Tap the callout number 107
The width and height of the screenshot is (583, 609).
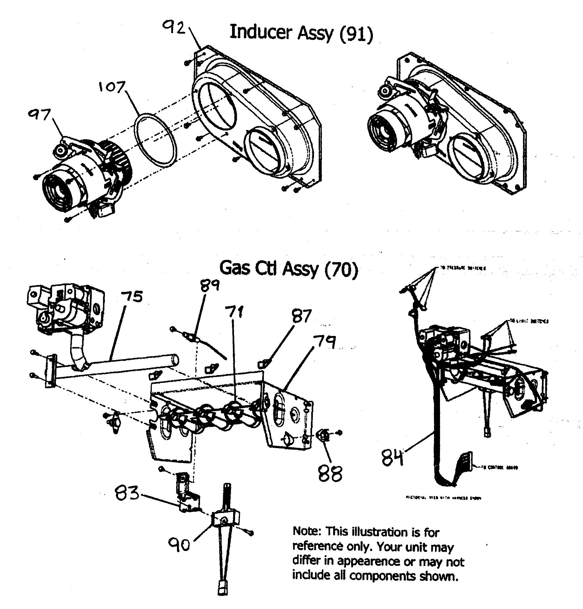(x=112, y=87)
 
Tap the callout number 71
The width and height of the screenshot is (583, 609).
(x=235, y=312)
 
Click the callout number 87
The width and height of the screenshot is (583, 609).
(x=301, y=316)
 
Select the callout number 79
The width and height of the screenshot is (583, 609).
(x=324, y=342)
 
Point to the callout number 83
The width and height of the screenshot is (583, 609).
(x=127, y=493)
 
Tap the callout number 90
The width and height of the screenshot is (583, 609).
(x=179, y=545)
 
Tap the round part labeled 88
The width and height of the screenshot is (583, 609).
(x=323, y=436)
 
